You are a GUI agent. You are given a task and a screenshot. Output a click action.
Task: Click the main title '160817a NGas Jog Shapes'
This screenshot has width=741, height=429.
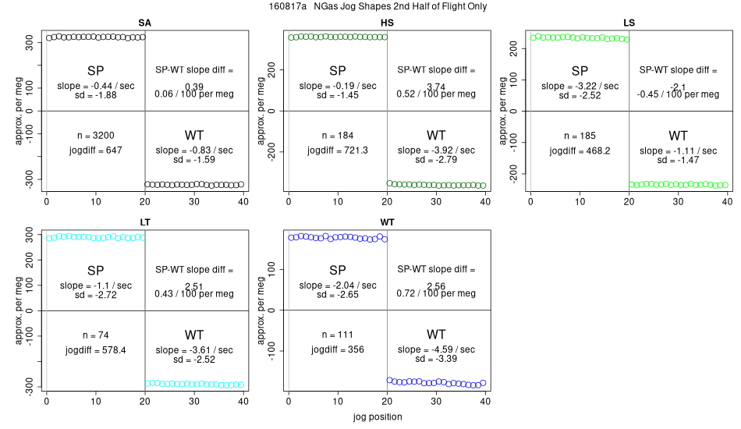370,7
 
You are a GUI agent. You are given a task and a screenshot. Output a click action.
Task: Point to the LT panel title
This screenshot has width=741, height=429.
145,222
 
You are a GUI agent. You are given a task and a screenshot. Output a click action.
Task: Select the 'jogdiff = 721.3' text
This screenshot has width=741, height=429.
338,150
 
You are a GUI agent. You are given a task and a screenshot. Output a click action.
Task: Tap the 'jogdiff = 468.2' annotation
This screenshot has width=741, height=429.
580,150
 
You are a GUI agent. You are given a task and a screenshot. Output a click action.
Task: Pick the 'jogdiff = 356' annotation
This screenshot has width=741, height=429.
338,349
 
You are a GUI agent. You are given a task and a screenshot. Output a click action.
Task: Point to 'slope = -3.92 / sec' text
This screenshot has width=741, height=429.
436,150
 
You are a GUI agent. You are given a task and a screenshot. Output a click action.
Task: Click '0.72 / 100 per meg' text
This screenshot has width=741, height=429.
436,294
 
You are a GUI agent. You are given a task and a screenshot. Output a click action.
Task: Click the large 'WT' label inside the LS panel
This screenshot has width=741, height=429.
678,135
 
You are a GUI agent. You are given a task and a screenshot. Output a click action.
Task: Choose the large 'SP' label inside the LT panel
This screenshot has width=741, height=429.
96,270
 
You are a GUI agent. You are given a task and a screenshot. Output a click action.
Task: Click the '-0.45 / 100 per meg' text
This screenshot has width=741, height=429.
678,94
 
